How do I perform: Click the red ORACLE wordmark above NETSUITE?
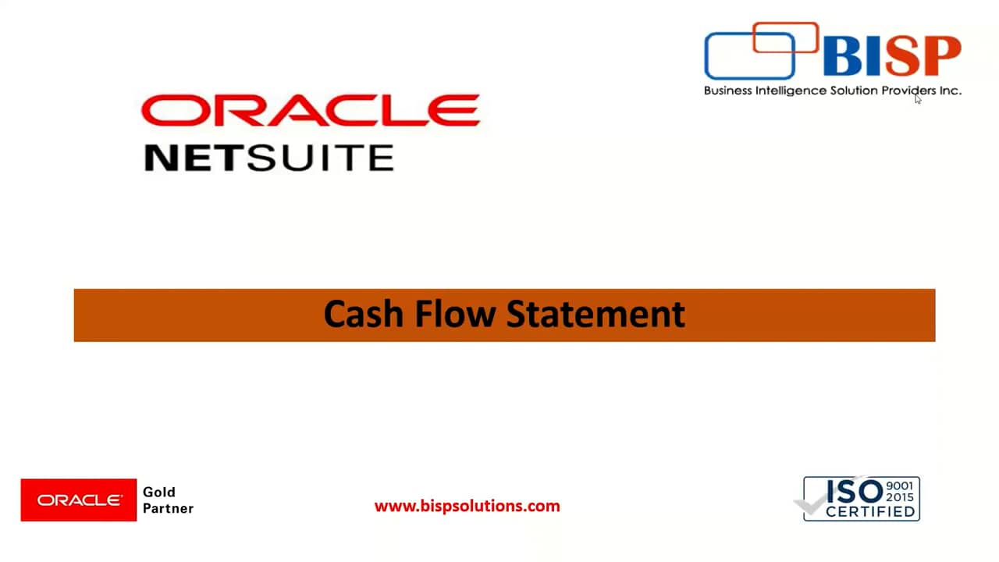click(310, 111)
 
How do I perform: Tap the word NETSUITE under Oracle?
click(269, 158)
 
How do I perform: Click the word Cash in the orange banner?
click(362, 315)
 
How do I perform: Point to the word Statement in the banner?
click(595, 315)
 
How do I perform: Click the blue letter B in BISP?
click(843, 56)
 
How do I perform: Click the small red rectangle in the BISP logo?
click(785, 37)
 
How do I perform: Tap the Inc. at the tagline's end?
click(950, 91)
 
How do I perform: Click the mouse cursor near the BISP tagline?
click(918, 98)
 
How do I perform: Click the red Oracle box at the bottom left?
click(79, 500)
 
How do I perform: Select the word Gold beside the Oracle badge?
click(159, 492)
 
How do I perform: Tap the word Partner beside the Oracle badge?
click(168, 508)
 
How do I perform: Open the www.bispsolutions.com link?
click(467, 506)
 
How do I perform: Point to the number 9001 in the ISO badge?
click(900, 486)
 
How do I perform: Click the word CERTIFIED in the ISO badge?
click(870, 512)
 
